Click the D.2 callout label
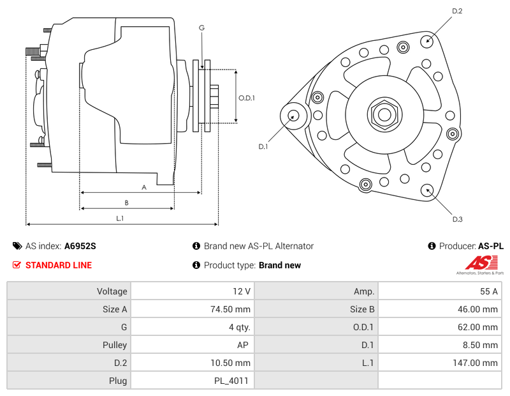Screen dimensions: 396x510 pos(457,11)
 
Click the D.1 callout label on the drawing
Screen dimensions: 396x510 pos(263,147)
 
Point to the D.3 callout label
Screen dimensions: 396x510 pos(457,220)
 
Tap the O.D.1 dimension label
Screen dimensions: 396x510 pos(247,98)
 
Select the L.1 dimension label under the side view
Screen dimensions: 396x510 pos(120,218)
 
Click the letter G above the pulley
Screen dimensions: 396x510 pos(201,27)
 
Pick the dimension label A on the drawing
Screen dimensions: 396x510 pos(144,187)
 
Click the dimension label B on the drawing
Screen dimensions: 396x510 pos(127,203)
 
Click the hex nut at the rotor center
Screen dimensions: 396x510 pos(384,114)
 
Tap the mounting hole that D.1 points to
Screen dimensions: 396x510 pos(294,116)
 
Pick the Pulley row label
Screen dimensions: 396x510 pos(114,345)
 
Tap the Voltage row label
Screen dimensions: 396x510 pos(112,291)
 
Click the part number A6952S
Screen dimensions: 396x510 pos(80,246)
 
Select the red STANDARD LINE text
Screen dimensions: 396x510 pos(58,265)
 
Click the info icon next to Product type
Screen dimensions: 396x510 pos(196,265)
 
